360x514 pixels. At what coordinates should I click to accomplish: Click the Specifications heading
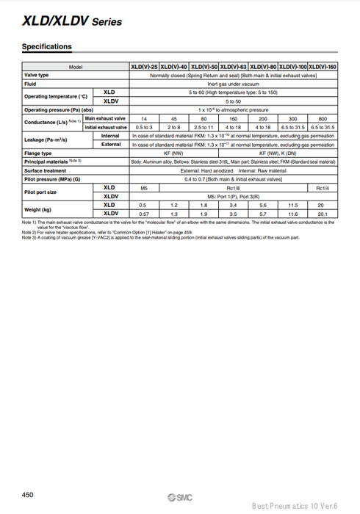pos(47,47)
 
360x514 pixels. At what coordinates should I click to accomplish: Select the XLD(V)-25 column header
pos(144,67)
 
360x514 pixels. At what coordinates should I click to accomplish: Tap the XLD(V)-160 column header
pos(323,67)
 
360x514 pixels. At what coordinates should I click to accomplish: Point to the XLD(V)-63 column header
pos(233,67)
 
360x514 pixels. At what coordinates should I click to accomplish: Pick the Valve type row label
pos(37,75)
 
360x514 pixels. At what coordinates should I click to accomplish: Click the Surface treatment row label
pos(46,170)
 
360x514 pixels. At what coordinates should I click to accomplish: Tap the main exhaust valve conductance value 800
pos(323,118)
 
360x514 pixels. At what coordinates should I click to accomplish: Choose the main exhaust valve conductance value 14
pos(144,118)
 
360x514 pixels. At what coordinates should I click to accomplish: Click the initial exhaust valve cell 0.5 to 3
pos(144,127)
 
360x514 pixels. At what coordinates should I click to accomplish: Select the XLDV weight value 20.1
pos(323,214)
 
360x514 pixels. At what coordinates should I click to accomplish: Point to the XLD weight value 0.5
pos(144,205)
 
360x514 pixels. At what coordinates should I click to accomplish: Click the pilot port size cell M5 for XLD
pos(144,188)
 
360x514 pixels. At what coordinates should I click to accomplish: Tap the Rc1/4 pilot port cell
pos(323,188)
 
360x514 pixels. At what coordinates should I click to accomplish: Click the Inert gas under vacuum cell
pos(233,84)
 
